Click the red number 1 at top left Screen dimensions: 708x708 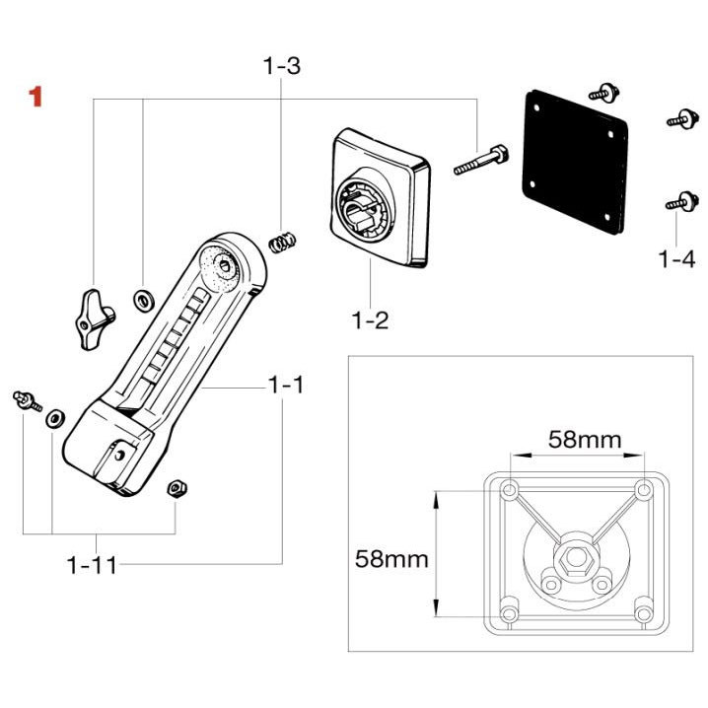(36, 97)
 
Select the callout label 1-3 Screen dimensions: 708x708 (281, 67)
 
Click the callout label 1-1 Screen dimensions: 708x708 (286, 386)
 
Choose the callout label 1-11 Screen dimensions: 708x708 (93, 565)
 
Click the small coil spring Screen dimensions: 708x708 (284, 240)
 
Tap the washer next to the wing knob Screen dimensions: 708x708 (143, 296)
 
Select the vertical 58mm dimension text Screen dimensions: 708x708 (391, 559)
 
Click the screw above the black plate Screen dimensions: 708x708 (603, 93)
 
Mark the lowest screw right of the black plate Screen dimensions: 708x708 (675, 201)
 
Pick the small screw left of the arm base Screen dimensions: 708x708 (26, 398)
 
